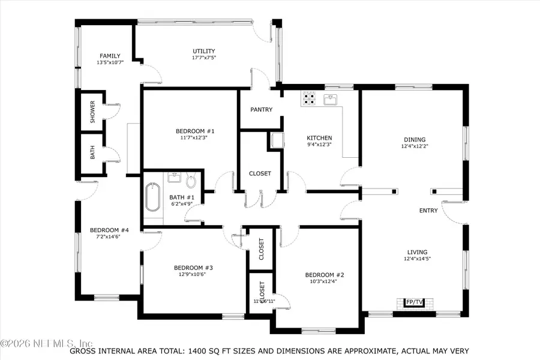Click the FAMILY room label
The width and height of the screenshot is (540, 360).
click(110, 56)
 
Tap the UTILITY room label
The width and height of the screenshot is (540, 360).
click(203, 51)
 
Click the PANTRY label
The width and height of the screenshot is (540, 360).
click(261, 110)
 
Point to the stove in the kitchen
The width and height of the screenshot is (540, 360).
click(310, 98)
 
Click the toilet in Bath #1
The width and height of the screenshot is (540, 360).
click(191, 181)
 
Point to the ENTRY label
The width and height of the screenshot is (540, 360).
click(428, 211)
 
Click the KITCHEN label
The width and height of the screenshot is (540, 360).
click(319, 138)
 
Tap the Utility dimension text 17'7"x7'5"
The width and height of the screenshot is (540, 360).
click(203, 58)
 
